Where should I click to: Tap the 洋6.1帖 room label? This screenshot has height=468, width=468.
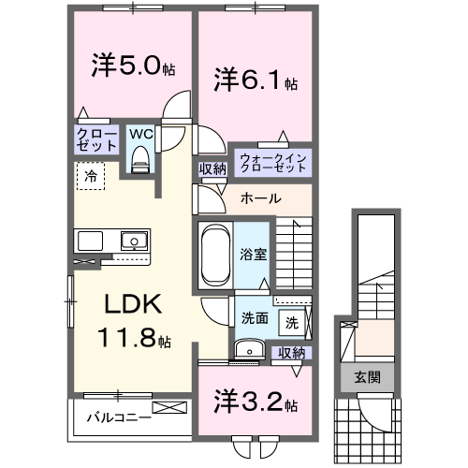[x=256, y=80]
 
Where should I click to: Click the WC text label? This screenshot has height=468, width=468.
[x=140, y=135]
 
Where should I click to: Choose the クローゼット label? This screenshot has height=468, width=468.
[x=96, y=139]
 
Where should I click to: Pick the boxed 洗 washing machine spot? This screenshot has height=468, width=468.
[x=291, y=322]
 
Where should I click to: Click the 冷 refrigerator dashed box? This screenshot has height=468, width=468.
[x=91, y=175]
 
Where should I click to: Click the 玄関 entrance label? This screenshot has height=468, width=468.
[x=367, y=376]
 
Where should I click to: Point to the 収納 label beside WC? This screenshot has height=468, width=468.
[x=212, y=168]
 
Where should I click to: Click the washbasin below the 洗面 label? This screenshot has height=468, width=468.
[x=248, y=349]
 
